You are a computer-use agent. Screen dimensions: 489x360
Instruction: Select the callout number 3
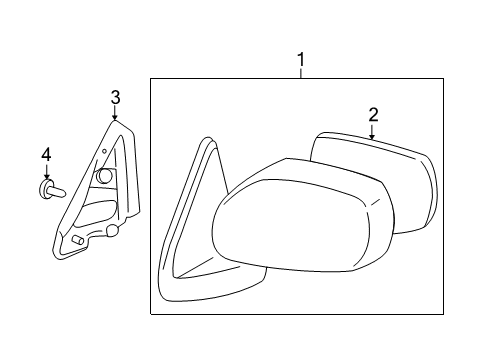click(x=116, y=97)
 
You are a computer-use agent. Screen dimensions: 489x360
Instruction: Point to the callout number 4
click(x=45, y=155)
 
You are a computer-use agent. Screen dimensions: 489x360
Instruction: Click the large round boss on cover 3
click(x=104, y=176)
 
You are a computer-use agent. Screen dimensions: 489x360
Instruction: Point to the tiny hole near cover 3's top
click(x=104, y=150)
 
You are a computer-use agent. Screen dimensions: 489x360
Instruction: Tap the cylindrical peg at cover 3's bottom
click(x=77, y=242)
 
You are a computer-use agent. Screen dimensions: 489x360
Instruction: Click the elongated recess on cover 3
click(x=96, y=213)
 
